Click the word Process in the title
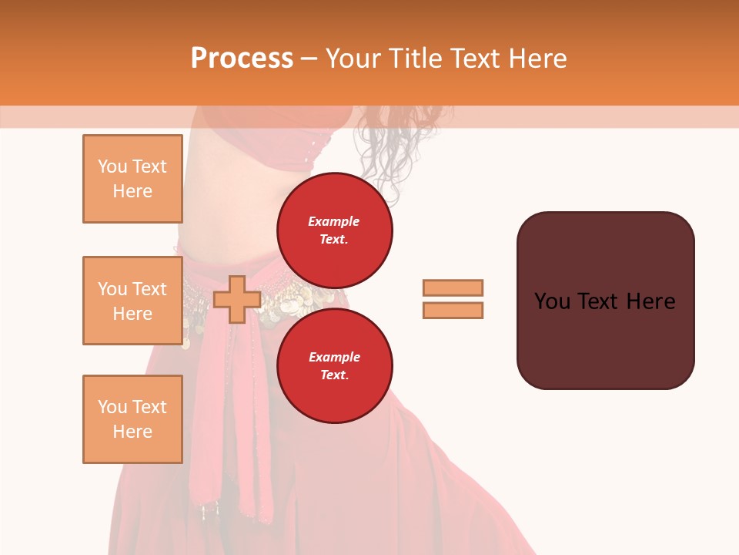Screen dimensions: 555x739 pos(242,58)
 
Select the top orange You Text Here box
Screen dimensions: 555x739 pos(132,179)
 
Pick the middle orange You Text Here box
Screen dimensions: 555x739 pos(132,301)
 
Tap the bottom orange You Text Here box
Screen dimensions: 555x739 pos(132,419)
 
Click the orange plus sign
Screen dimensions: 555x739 pos(236,300)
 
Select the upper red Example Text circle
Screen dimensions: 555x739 pos(334,230)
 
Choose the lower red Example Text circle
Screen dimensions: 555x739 pos(334,365)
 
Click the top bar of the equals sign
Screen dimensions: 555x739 pos(453,288)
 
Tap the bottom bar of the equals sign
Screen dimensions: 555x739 pos(453,310)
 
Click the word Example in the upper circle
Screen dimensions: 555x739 pos(333,221)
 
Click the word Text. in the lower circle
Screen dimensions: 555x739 pos(333,375)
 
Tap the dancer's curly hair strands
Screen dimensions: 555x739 pos(385,154)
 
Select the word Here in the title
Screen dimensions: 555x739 pos(537,58)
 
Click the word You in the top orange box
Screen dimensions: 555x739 pos(112,166)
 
